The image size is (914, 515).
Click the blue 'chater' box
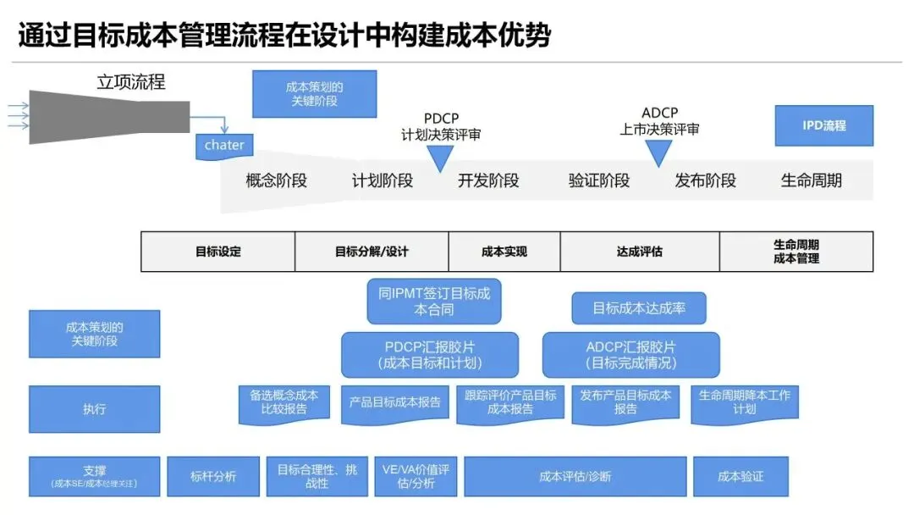pyautogui.click(x=224, y=145)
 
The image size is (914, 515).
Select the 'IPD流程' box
pyautogui.click(x=823, y=125)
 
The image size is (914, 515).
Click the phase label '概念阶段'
pyautogui.click(x=276, y=180)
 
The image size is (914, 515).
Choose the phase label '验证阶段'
pyautogui.click(x=599, y=180)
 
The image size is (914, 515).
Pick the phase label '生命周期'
pyautogui.click(x=811, y=180)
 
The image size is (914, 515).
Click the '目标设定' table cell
pyautogui.click(x=218, y=252)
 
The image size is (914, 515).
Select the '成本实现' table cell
pyautogui.click(x=504, y=252)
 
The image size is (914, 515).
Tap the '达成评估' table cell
pyautogui.click(x=639, y=252)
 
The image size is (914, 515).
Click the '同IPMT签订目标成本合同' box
pyautogui.click(x=434, y=301)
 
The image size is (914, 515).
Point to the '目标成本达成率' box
pyautogui.click(x=638, y=308)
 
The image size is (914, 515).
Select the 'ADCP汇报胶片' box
pyautogui.click(x=630, y=355)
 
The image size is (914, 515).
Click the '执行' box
pyautogui.click(x=94, y=409)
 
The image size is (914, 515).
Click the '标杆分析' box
pyautogui.click(x=212, y=477)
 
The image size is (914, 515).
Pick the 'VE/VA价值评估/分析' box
pyautogui.click(x=415, y=477)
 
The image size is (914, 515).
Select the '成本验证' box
pyautogui.click(x=741, y=477)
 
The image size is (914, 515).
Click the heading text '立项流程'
pyautogui.click(x=131, y=82)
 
